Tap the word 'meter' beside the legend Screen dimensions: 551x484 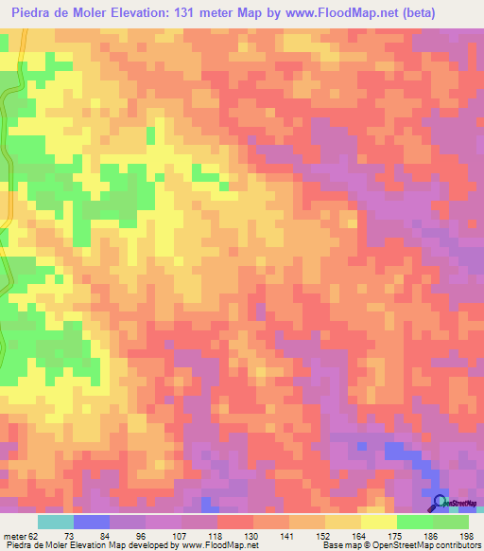coord(14,535)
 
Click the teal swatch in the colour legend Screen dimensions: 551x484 coord(56,522)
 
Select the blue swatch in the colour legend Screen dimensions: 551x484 coord(92,522)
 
